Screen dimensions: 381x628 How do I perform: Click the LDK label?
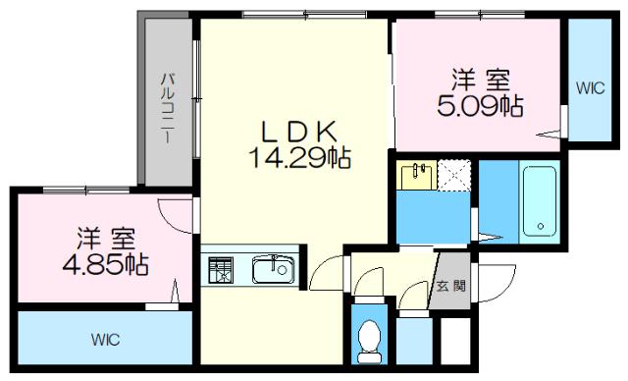[299, 131]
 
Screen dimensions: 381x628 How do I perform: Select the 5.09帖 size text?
[479, 104]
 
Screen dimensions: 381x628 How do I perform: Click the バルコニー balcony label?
[168, 109]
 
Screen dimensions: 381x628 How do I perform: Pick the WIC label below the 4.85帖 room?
[106, 341]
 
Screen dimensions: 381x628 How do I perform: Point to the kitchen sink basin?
[272, 268]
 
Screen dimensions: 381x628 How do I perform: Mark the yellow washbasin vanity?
[417, 175]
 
